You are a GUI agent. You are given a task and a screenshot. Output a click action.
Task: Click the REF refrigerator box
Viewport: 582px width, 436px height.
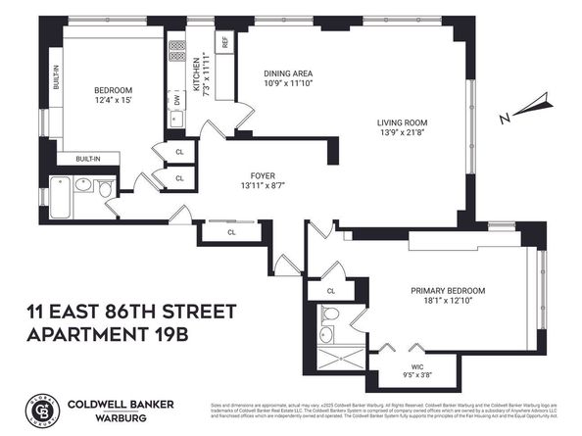224,43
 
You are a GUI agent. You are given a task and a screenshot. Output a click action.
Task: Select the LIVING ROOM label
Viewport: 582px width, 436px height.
404,122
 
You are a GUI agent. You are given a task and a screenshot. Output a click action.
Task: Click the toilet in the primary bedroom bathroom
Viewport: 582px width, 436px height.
332,315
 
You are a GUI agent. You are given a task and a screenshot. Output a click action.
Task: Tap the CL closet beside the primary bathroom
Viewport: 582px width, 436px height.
331,291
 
